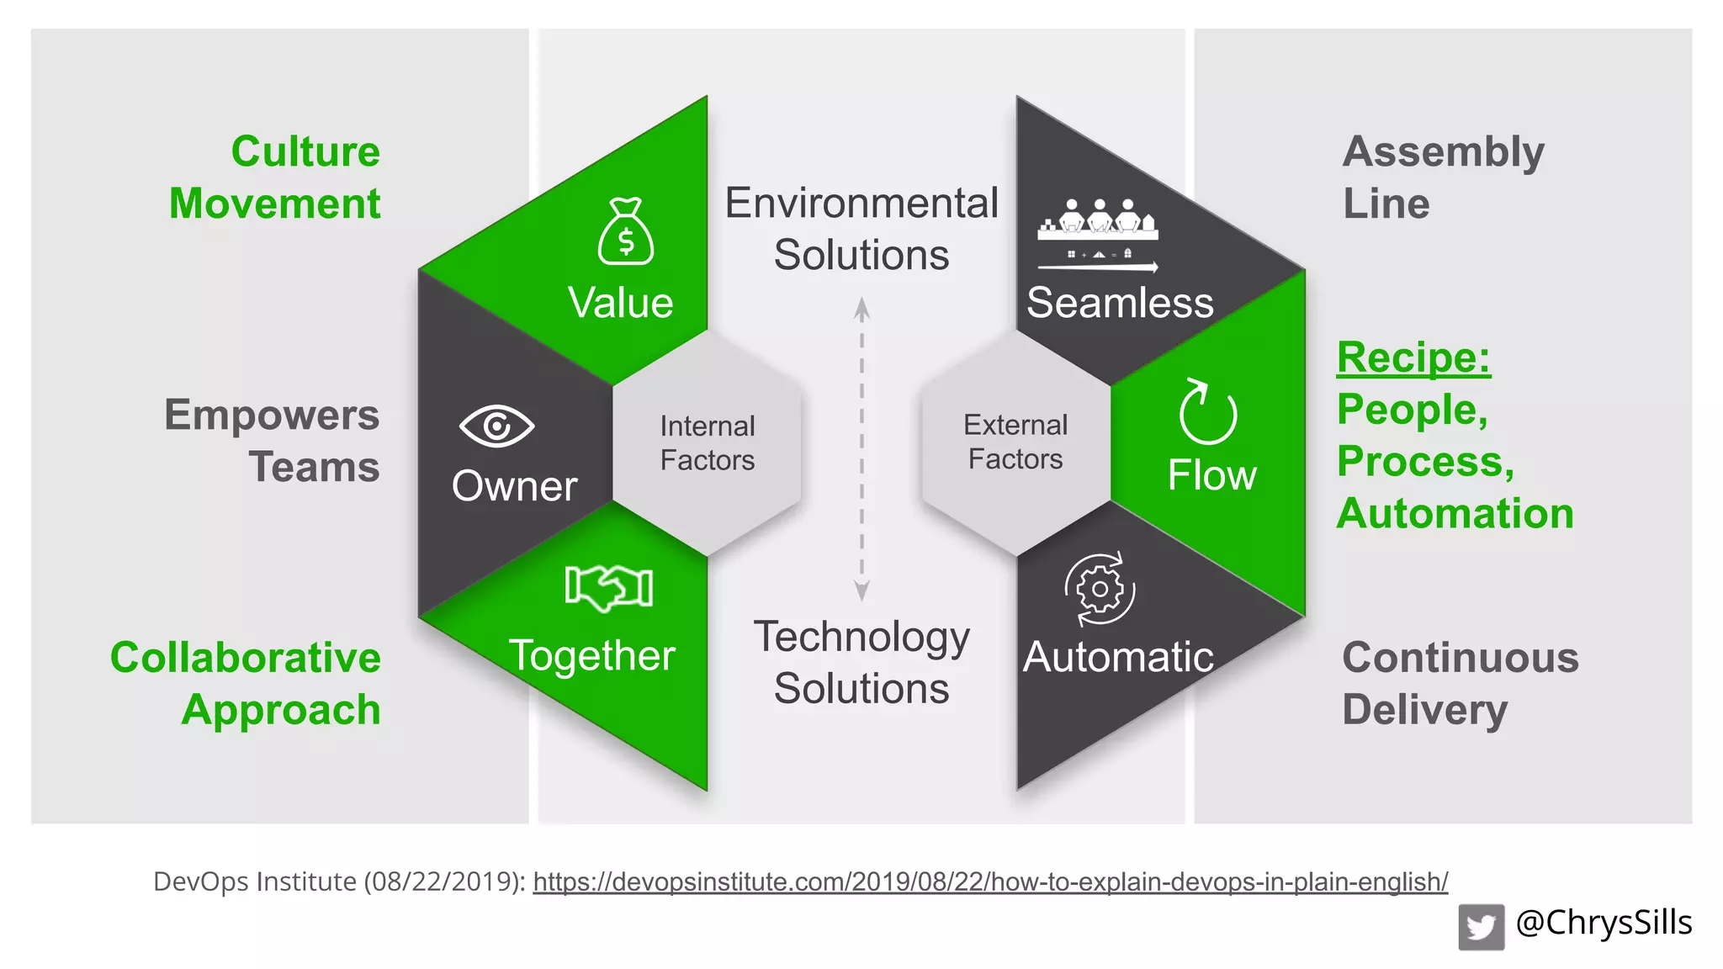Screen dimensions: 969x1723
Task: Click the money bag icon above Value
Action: click(626, 232)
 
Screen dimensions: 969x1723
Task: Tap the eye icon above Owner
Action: click(496, 426)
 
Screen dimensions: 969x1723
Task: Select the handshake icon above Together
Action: click(609, 586)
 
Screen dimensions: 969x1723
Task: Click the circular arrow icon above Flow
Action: click(1207, 412)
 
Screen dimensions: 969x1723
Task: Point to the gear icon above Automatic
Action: click(1100, 590)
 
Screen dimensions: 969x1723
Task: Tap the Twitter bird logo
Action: click(1481, 927)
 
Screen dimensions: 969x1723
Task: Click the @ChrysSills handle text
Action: click(1604, 923)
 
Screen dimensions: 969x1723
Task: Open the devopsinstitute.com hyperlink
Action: click(990, 882)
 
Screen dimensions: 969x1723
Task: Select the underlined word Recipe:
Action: click(1413, 357)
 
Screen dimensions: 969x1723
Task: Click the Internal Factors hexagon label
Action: click(708, 443)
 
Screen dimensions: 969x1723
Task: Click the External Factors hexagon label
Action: click(1015, 442)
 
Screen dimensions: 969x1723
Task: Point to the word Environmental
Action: click(861, 204)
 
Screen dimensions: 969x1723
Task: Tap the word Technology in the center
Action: click(861, 637)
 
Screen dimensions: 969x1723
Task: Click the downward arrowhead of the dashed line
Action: click(861, 591)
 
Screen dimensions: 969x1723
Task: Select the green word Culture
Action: click(305, 152)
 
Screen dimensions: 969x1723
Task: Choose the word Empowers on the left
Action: click(272, 416)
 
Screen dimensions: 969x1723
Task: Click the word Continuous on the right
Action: click(1461, 658)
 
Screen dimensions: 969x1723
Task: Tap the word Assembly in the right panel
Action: click(1444, 152)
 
